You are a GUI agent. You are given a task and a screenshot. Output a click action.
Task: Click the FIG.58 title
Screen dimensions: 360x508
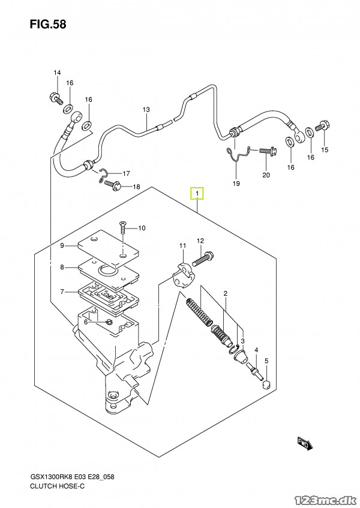point(48,25)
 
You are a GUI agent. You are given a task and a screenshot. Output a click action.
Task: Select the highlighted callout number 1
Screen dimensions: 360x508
point(197,194)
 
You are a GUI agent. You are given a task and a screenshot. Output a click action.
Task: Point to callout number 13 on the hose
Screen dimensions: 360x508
point(146,110)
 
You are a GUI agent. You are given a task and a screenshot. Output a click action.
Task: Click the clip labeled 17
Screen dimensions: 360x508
point(104,175)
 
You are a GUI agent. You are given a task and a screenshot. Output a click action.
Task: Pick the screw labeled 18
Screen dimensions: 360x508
point(113,185)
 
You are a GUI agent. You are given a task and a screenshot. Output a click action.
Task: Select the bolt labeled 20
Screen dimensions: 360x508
point(268,151)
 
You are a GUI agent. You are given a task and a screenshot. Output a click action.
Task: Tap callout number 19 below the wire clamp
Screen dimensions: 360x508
point(236,184)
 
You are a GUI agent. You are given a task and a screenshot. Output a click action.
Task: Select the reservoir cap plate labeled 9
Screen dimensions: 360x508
point(109,248)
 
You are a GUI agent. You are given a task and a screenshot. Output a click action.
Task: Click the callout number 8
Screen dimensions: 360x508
point(62,267)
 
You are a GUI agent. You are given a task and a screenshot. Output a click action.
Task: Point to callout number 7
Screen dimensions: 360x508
point(62,292)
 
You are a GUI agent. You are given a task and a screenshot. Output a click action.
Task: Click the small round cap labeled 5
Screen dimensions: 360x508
point(266,386)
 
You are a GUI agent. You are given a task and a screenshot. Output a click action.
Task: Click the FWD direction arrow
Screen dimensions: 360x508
point(305,444)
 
